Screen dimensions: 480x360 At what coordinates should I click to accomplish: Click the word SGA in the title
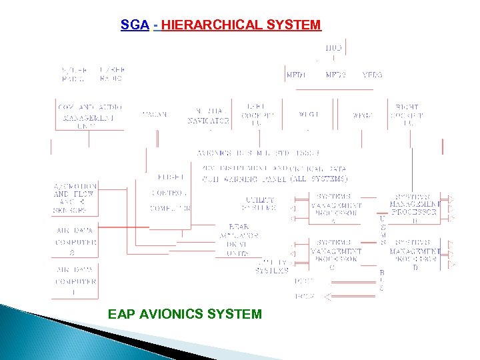(130, 25)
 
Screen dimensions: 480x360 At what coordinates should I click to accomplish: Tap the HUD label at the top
(333, 47)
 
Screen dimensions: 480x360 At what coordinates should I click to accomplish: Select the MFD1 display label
(296, 75)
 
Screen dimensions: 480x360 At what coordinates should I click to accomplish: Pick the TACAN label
(154, 114)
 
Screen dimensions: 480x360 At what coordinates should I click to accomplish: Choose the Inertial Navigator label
(208, 116)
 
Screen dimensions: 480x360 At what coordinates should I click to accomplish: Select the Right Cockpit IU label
(407, 115)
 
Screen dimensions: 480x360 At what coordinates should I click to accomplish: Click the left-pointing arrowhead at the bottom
(327, 296)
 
